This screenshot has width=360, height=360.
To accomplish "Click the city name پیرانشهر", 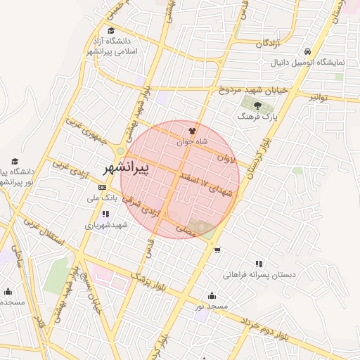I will (126, 168).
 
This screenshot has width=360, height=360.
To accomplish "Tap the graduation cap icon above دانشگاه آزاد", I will (112, 30).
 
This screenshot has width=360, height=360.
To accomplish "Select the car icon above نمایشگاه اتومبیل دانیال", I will (308, 52).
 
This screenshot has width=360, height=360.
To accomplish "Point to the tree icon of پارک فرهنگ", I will (257, 105).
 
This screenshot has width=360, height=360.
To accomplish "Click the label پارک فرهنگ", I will (258, 117).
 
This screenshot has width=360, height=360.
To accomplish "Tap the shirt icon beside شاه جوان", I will (193, 130).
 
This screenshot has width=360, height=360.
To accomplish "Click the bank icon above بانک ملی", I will (103, 187).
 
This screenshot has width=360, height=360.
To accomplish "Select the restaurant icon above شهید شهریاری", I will (105, 214).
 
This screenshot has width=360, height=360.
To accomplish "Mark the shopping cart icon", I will (217, 250).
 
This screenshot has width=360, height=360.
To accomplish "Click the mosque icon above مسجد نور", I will (212, 295).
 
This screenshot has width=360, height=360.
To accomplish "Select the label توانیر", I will (323, 97).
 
